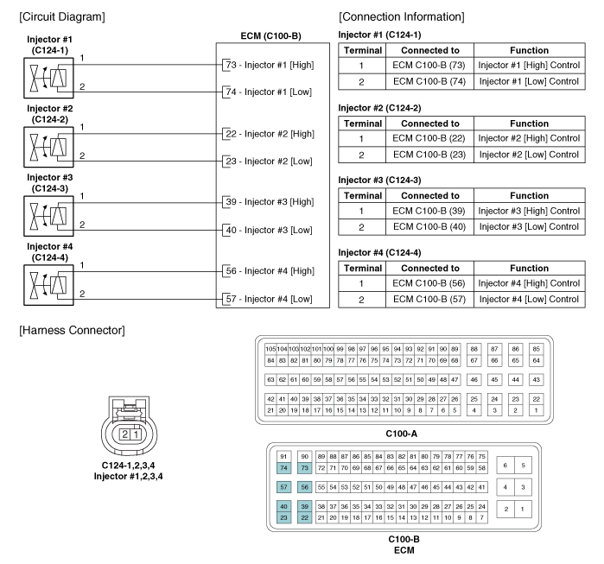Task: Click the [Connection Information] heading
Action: point(402,16)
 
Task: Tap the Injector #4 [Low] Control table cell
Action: point(528,299)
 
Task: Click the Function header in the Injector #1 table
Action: point(528,50)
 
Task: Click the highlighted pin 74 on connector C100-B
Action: point(284,467)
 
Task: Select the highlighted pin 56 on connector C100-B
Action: point(305,487)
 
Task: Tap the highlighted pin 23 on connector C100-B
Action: point(284,517)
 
